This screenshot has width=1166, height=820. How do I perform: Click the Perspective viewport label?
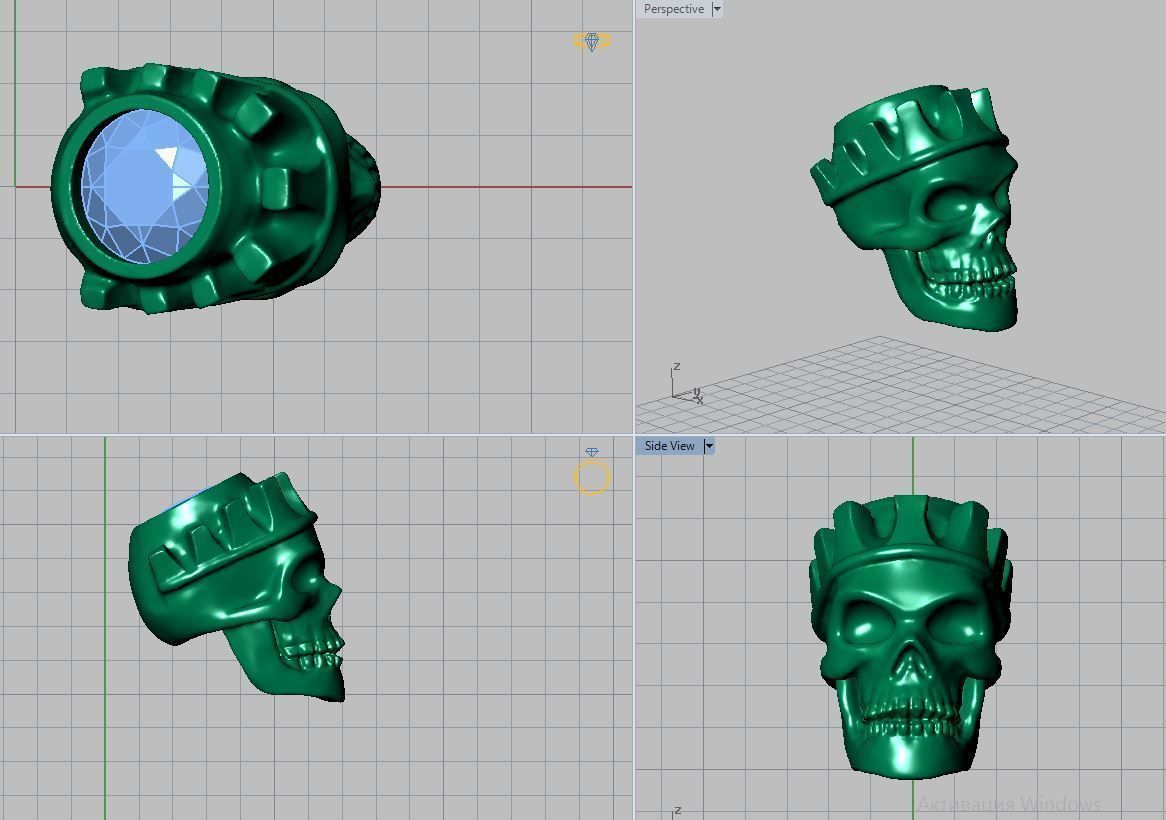pyautogui.click(x=673, y=9)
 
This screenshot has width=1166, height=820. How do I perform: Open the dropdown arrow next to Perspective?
pyautogui.click(x=716, y=9)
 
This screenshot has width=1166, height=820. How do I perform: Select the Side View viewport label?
pyautogui.click(x=669, y=446)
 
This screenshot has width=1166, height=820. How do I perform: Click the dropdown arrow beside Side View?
pyautogui.click(x=709, y=446)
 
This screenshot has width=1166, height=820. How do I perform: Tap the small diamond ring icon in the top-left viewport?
pyautogui.click(x=591, y=41)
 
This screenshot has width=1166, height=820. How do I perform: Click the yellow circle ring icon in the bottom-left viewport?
pyautogui.click(x=591, y=478)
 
